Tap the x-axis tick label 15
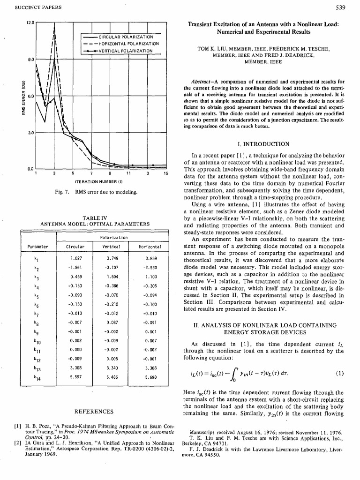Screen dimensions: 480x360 coord(165,173)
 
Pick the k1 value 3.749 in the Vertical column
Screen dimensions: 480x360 coord(112,258)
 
